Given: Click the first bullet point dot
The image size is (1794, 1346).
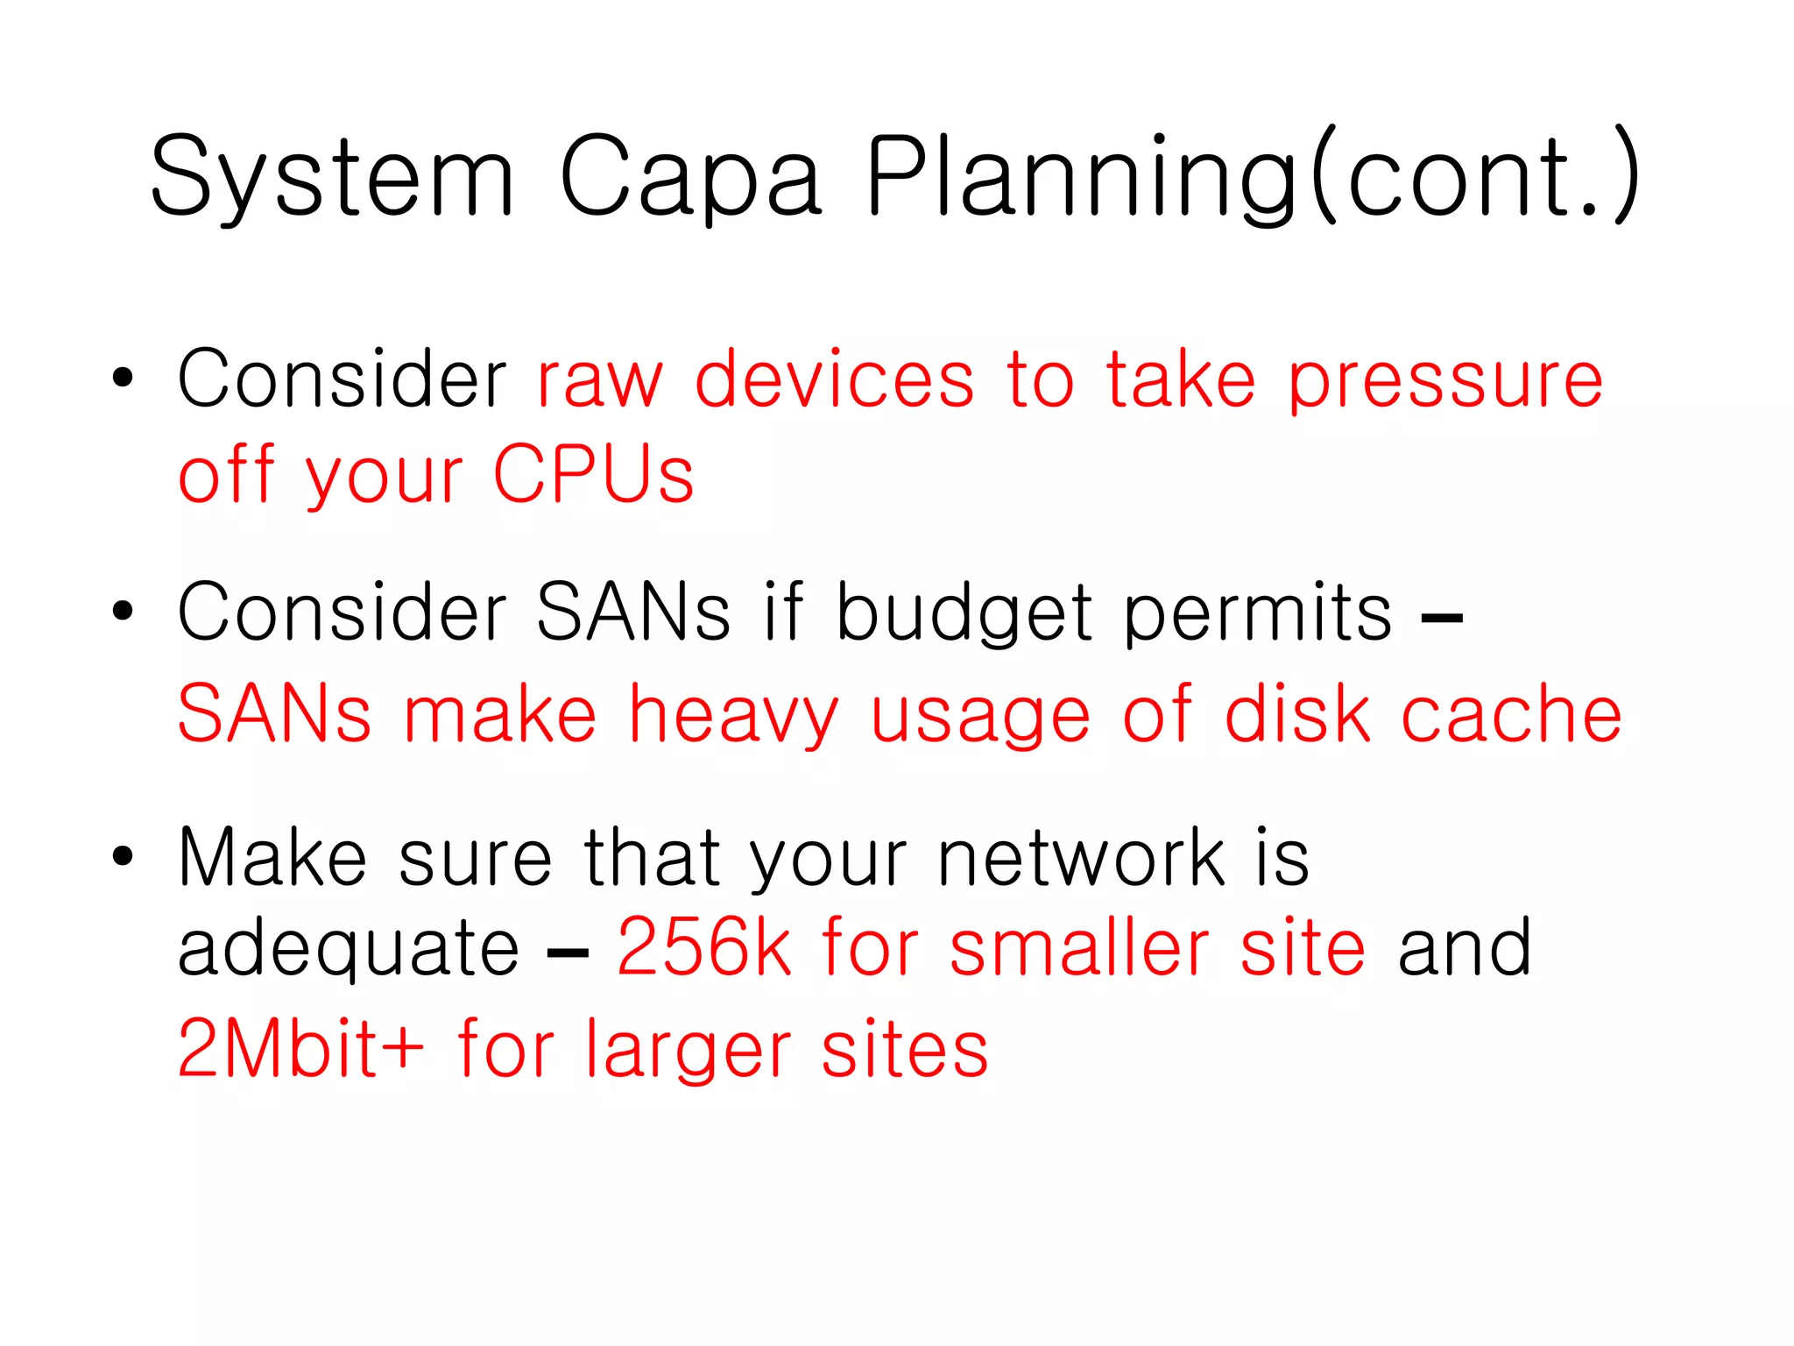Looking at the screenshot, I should click(123, 379).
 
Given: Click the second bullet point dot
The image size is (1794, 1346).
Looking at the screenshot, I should click(123, 612).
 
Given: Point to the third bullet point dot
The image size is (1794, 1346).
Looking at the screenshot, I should click(123, 857).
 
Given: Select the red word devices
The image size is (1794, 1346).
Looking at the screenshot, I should click(834, 379).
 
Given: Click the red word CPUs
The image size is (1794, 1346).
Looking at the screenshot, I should click(593, 475).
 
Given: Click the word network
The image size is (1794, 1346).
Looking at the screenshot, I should click(1080, 859).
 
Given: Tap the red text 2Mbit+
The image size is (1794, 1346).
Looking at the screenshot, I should click(300, 1049).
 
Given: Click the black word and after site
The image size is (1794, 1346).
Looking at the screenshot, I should click(1464, 948).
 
